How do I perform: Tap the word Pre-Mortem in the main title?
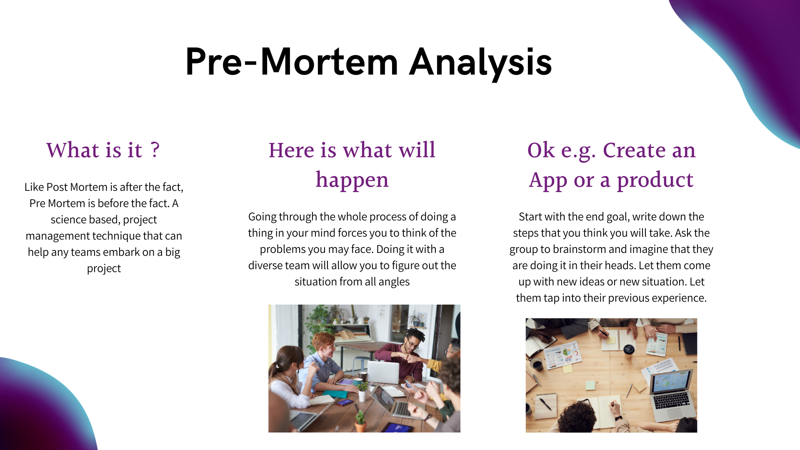292,62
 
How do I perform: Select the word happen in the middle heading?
352,180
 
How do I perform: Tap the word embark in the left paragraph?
121,252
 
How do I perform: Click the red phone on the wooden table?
344,402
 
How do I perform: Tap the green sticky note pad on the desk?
590,385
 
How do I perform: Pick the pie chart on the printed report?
567,352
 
